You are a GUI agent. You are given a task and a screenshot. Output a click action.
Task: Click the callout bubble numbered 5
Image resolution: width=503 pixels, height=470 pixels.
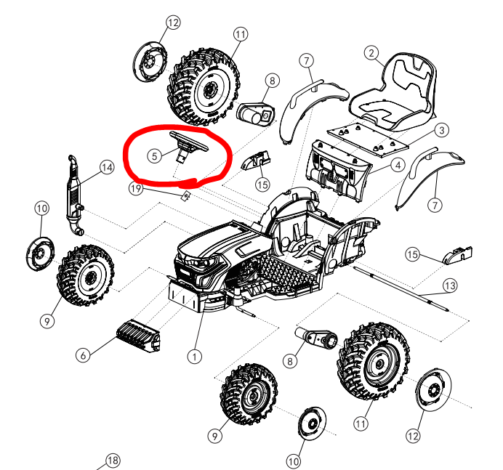tap(155, 156)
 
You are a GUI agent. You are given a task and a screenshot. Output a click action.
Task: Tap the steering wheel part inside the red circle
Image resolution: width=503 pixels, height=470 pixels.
tap(188, 145)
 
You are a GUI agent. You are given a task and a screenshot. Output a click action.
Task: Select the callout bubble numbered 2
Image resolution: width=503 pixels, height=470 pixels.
tap(371, 53)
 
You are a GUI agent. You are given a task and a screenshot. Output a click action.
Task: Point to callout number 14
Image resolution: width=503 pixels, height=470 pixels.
tap(107, 167)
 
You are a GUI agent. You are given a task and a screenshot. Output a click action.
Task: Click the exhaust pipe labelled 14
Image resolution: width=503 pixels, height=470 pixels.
tap(75, 195)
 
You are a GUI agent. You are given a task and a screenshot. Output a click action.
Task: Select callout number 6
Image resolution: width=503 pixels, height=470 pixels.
tap(83, 355)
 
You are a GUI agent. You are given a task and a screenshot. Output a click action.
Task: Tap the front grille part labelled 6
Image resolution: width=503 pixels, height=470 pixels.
tap(138, 336)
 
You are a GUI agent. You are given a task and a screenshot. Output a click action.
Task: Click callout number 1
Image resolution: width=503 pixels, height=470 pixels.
tap(195, 356)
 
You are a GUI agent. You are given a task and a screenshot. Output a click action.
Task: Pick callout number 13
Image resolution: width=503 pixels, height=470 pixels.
tap(450, 285)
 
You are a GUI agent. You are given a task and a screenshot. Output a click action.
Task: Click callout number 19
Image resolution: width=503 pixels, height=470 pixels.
tap(136, 188)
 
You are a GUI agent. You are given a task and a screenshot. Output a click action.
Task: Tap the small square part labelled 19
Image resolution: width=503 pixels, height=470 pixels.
tap(186, 195)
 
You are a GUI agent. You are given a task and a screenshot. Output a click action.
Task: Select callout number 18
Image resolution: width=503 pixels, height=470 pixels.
tap(112, 461)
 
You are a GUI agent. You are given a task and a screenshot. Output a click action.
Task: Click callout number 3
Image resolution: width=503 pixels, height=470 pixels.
tap(442, 130)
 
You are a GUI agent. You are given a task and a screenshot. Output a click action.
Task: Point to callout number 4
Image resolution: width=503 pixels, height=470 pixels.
tap(398, 165)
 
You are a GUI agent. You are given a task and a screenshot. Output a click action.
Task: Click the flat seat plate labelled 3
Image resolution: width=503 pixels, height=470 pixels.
tap(368, 139)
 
